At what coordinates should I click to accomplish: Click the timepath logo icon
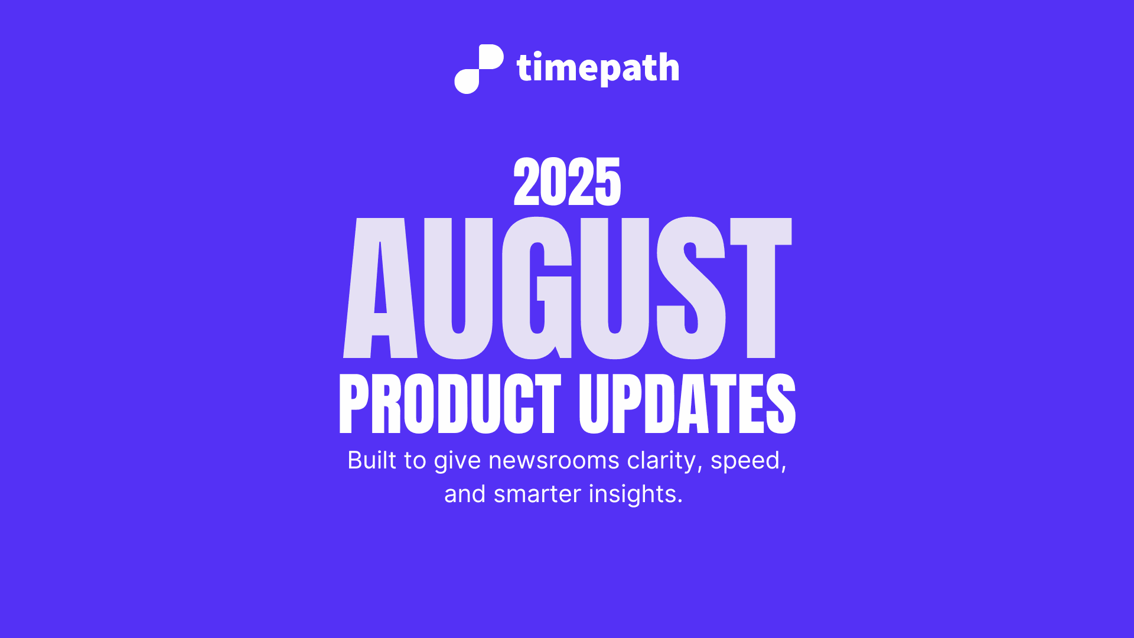tap(478, 69)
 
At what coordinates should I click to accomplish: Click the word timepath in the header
tap(598, 69)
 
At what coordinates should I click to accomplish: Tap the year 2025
tap(567, 183)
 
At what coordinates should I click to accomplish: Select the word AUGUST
tap(567, 288)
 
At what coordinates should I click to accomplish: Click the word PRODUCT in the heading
tap(449, 405)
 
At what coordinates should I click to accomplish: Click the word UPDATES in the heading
tap(687, 405)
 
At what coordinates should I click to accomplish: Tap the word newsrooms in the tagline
tap(553, 460)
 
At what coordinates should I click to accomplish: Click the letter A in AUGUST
tap(380, 288)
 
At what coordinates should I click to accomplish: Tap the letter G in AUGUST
tap(537, 288)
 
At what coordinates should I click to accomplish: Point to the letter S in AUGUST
tap(691, 288)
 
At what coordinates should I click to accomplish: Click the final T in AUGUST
tap(761, 288)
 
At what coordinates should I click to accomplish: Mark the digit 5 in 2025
tap(608, 183)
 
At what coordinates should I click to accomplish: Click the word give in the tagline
tap(457, 460)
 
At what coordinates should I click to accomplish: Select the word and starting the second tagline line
tap(464, 494)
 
